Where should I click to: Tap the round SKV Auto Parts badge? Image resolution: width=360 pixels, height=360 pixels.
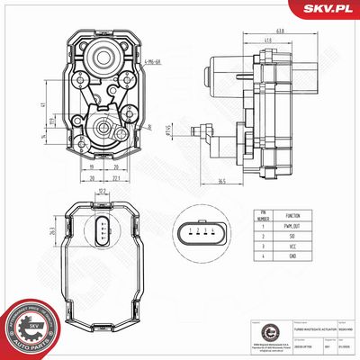(x=27, y=329)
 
